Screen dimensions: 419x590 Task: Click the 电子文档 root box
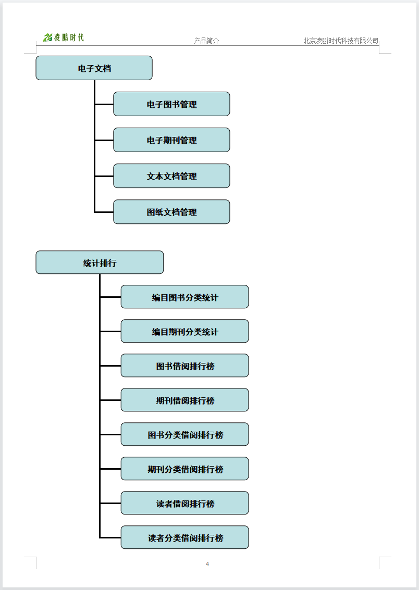94,68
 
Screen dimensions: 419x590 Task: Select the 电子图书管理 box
171,104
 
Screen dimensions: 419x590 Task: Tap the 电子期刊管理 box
171,140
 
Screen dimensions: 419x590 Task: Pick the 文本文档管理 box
171,175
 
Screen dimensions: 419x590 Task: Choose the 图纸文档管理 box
171,212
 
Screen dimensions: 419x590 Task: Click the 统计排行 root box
100,262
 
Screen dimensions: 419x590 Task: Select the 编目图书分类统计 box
185,297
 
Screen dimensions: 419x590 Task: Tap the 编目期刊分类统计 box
185,331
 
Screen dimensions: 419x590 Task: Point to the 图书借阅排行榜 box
185,366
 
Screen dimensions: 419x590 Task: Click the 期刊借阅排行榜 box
185,400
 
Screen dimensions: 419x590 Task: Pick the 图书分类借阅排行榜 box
185,434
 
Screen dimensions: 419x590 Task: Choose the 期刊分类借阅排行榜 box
185,469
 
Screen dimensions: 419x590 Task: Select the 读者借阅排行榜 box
185,503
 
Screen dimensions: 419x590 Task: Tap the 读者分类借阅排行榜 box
185,537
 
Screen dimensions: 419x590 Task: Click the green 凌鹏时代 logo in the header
63,37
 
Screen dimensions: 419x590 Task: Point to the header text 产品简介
206,41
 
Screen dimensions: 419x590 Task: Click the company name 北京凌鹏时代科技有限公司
341,41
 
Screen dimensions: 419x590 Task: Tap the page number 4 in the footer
207,563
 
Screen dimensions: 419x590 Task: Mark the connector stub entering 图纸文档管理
104,212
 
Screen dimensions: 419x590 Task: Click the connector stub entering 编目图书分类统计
110,297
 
